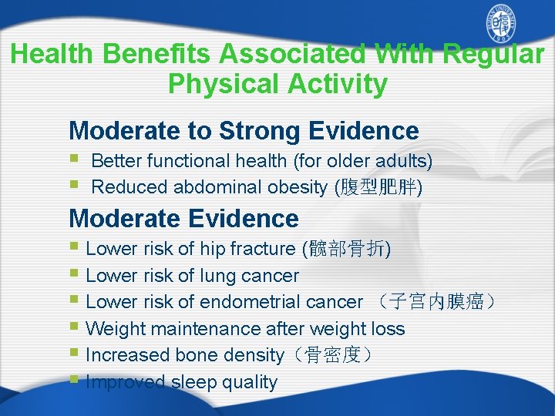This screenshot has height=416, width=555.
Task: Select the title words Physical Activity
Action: pos(277,83)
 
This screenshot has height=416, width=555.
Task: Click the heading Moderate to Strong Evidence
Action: pos(244,131)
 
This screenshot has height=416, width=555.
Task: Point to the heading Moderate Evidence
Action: pos(183,219)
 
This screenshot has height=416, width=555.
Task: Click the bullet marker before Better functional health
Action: pos(74,160)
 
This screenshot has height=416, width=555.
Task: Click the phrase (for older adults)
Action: pos(362,161)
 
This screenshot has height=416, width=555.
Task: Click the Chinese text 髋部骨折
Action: pos(348,249)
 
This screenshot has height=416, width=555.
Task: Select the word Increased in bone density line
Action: pos(128,355)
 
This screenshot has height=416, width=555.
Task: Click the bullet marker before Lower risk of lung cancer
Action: pos(74,275)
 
